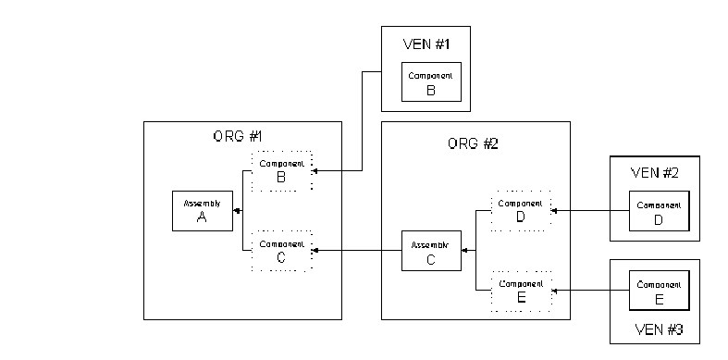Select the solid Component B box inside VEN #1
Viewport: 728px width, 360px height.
429,81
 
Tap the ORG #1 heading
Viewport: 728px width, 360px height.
238,137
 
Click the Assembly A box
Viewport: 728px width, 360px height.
202,211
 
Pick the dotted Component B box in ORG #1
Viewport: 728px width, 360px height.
281,170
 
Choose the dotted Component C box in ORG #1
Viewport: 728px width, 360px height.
281,251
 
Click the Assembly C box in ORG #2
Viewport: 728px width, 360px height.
431,250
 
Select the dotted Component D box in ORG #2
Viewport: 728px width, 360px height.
520,211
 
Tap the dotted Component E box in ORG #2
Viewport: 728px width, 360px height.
520,291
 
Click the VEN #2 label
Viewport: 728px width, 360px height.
653,172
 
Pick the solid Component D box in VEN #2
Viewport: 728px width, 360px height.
658,211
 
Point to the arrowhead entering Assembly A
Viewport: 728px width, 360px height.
236,211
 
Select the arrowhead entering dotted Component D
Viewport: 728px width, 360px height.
554,211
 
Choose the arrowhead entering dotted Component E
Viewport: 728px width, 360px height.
554,291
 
